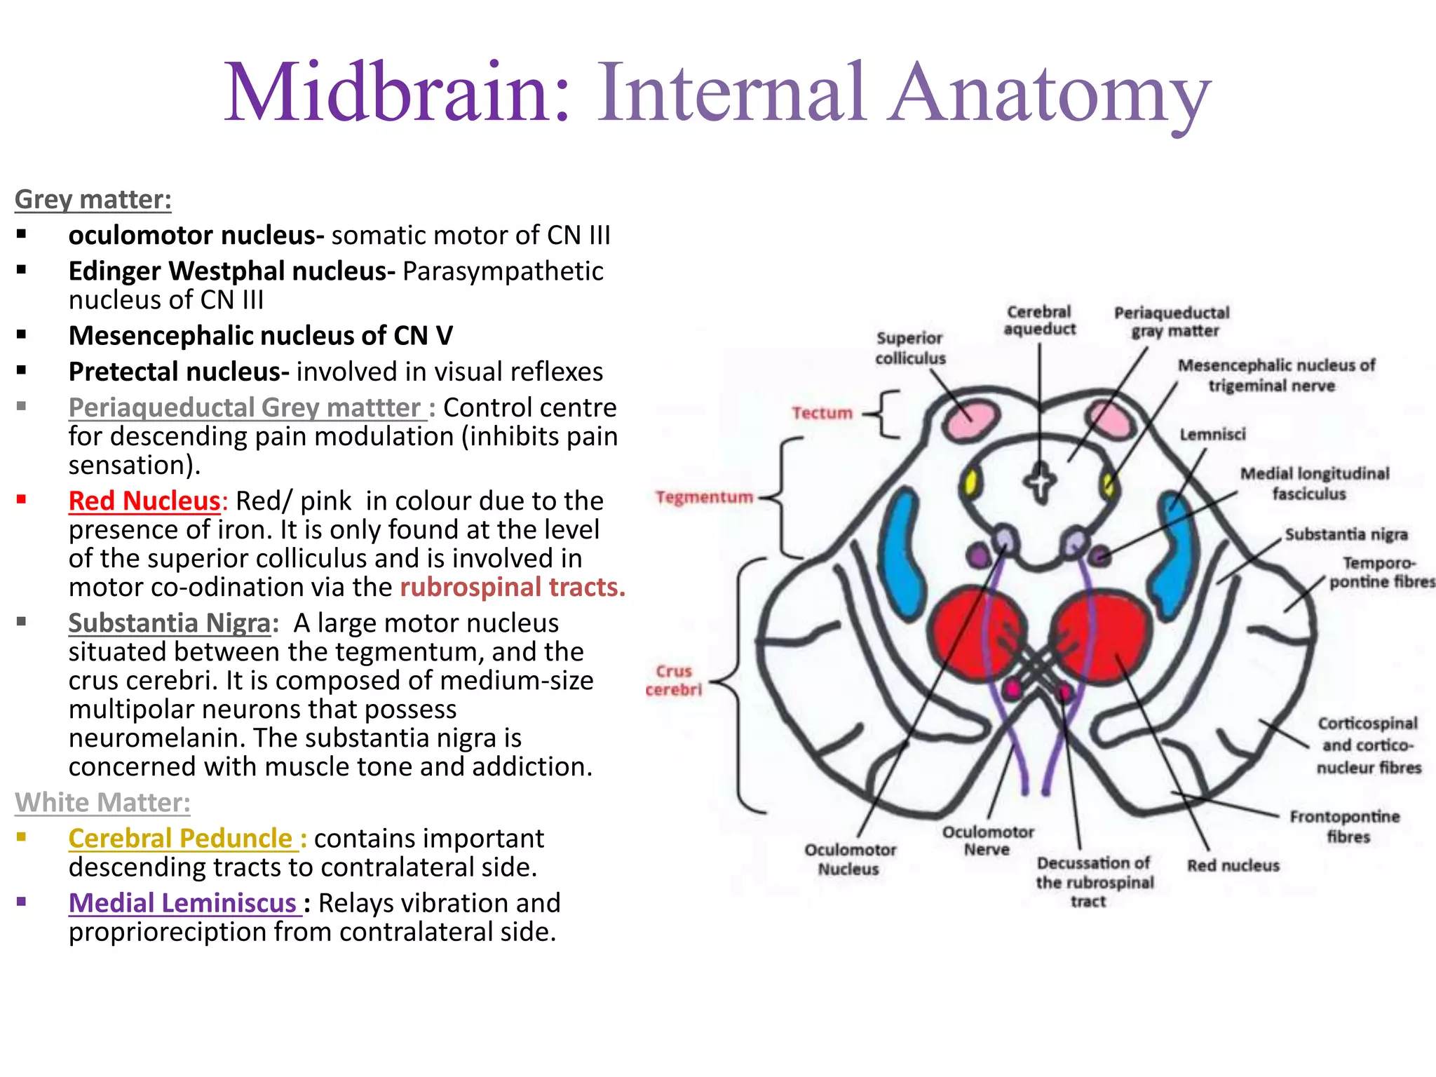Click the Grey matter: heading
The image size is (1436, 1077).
point(93,199)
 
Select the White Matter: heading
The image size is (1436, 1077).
point(102,803)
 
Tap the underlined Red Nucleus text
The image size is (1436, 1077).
point(144,501)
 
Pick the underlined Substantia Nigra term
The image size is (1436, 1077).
point(170,623)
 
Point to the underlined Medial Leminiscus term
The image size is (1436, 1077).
point(184,903)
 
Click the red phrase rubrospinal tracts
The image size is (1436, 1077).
point(512,588)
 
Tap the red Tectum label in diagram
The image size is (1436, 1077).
point(822,413)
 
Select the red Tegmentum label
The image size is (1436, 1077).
point(704,497)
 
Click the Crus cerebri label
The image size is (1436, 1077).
point(673,680)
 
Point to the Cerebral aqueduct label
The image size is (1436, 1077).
point(1039,320)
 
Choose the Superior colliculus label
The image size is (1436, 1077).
point(910,348)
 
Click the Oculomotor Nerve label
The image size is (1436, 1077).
point(987,841)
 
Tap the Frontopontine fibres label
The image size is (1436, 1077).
point(1345,826)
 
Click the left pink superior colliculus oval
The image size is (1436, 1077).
point(970,419)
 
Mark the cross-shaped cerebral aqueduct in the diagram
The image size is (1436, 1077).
point(1040,482)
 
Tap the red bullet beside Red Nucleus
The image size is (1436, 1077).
point(22,500)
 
